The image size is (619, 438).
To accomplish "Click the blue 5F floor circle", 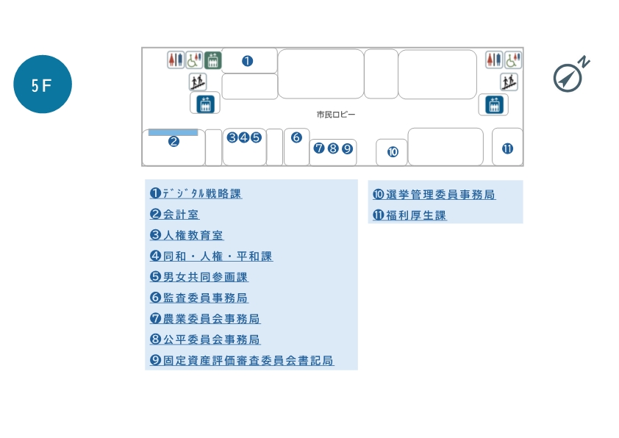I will click(42, 85).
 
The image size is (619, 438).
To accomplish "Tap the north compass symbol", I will click(570, 75).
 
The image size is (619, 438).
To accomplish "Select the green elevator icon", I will click(212, 60).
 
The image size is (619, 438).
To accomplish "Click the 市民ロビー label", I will click(336, 115).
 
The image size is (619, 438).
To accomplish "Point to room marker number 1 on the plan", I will click(248, 61).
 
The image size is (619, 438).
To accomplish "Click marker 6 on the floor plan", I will click(296, 137).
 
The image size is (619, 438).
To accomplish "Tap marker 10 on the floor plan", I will click(393, 152).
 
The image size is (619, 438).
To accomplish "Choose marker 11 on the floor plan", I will click(507, 148).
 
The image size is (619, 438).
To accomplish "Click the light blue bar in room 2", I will click(173, 133).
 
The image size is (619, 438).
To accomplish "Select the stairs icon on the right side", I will click(509, 82).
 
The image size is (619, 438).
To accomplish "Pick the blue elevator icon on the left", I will click(205, 104).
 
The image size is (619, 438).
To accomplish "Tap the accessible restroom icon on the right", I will click(513, 60).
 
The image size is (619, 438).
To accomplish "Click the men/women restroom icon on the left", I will click(175, 60).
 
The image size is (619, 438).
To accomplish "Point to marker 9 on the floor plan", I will click(347, 148).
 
